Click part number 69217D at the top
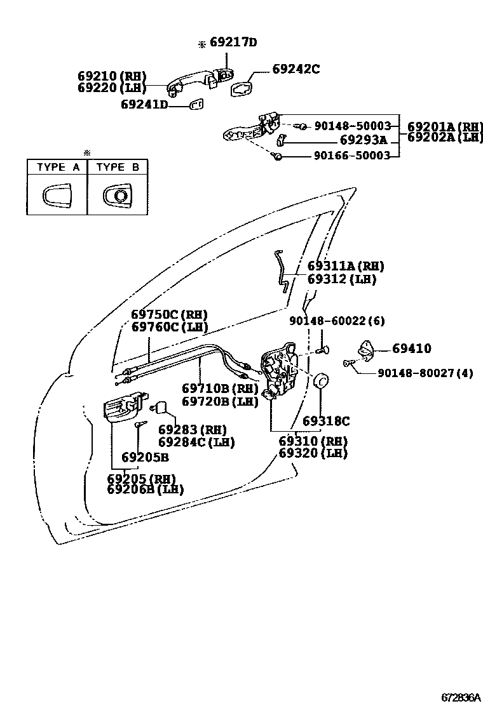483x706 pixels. tap(233, 43)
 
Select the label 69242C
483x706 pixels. tap(296, 69)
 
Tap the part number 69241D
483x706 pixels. tap(144, 104)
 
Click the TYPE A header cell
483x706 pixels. tap(58, 167)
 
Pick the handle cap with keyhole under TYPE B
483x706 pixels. tap(118, 196)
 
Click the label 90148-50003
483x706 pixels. tap(353, 126)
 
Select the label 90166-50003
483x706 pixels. tap(353, 155)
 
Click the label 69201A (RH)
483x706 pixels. tap(445, 126)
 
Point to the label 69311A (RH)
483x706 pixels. tap(346, 266)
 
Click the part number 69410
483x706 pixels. tap(411, 348)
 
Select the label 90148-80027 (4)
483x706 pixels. tap(425, 373)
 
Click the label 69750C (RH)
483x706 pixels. tap(170, 314)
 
